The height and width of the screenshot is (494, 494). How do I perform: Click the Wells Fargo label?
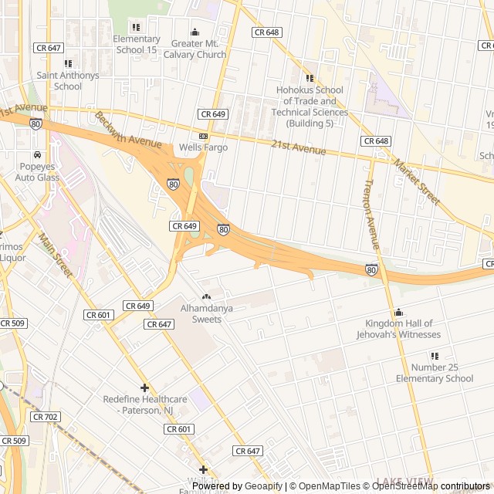203,147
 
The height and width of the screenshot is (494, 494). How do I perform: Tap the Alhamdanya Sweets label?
206,313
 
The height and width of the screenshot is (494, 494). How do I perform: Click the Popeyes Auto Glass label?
37,172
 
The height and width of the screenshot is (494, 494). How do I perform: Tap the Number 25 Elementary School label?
435,373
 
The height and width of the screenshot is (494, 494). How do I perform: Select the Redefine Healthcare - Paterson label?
145,404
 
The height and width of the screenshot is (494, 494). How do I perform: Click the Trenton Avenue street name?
371,215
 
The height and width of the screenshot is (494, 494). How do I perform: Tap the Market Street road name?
416,182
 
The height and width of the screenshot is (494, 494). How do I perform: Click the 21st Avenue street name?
299,147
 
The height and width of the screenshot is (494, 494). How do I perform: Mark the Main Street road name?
55,257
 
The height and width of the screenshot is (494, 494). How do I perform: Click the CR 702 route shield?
46,416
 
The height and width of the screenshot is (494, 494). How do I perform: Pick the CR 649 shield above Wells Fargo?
212,114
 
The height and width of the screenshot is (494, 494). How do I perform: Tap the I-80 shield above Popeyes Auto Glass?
36,123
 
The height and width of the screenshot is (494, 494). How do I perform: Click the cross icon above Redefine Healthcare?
144,387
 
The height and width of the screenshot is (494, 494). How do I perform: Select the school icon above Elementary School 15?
137,28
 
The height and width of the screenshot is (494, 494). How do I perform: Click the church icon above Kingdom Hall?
398,312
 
